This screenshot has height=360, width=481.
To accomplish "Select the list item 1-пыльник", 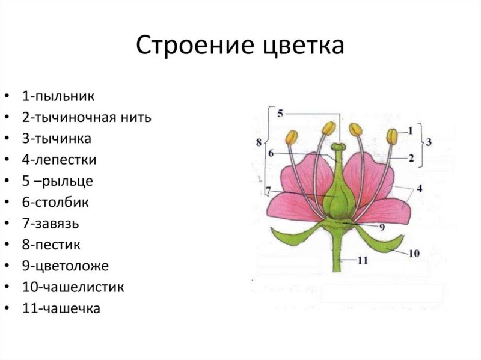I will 58,96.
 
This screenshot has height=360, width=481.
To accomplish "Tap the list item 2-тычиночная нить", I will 87,117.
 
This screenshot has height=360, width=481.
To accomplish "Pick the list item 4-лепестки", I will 60,160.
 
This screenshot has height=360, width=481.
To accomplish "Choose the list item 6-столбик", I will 55,203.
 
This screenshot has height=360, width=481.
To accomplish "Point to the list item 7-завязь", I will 51,224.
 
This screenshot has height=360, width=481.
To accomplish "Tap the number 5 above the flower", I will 280,112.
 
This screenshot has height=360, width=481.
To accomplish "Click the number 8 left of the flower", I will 259,142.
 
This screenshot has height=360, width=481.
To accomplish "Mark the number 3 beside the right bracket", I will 429,142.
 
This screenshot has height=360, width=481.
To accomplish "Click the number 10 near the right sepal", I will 414,253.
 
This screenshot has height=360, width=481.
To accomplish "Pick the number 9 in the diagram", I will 381,227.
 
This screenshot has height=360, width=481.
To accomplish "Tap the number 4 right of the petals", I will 419,188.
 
